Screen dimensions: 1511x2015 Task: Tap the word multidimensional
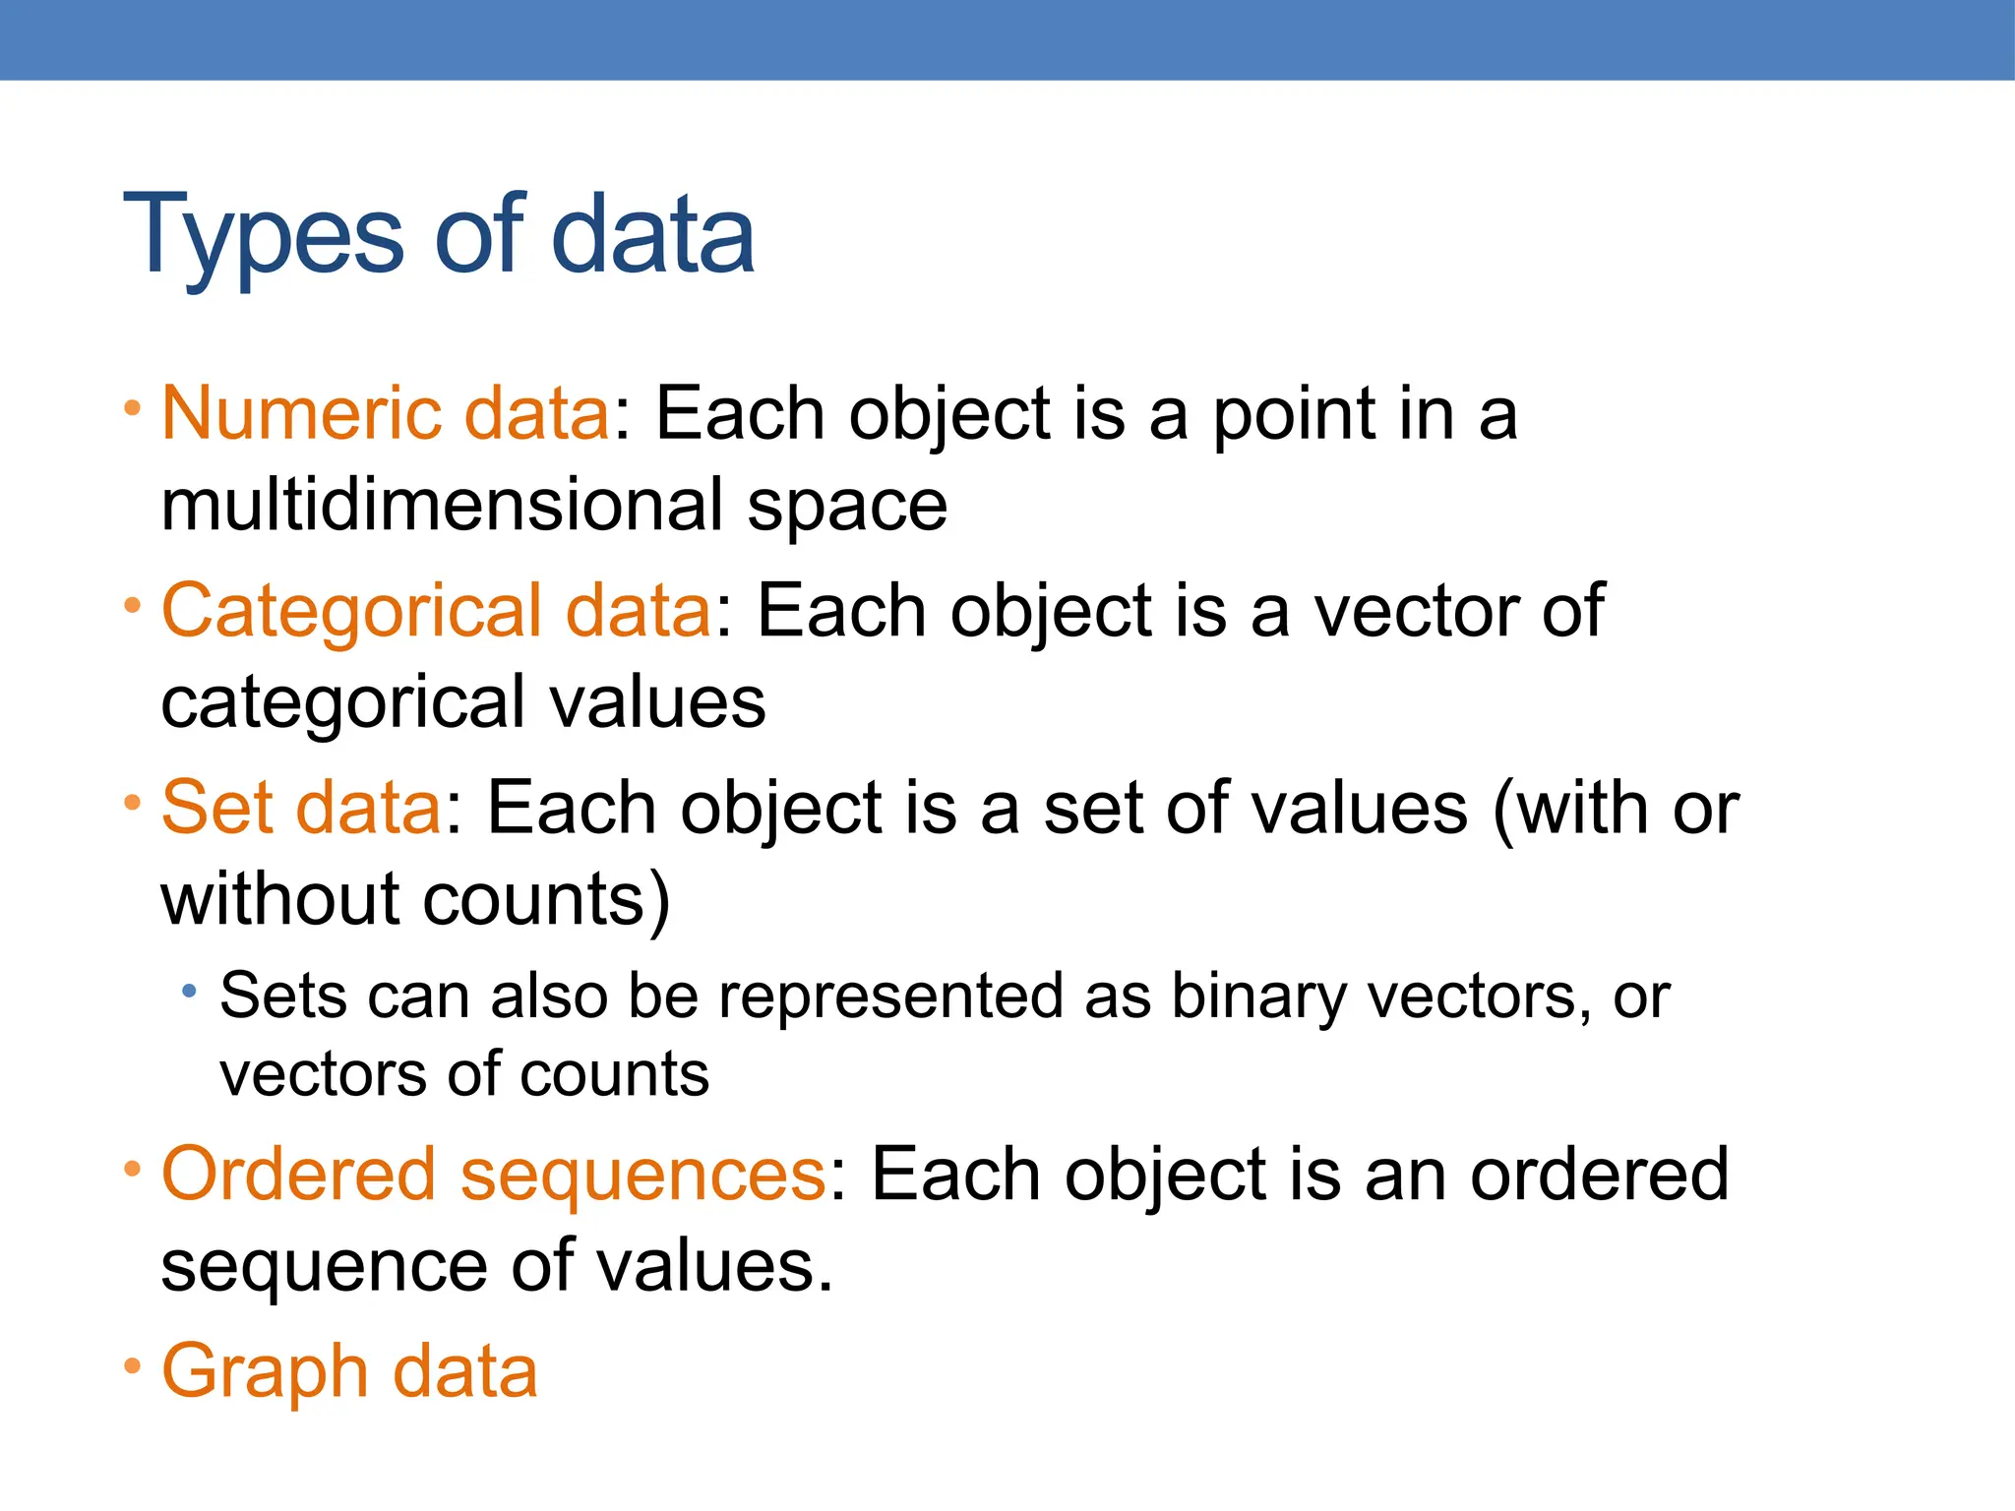tap(441, 506)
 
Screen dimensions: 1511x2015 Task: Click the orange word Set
tap(216, 809)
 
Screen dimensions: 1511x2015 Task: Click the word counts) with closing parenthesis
tap(547, 899)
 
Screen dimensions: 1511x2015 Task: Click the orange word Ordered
tap(298, 1175)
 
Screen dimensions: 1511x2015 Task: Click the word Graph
tap(265, 1371)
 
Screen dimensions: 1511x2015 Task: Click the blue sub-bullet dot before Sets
tap(189, 991)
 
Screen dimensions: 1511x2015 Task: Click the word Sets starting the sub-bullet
tap(282, 997)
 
